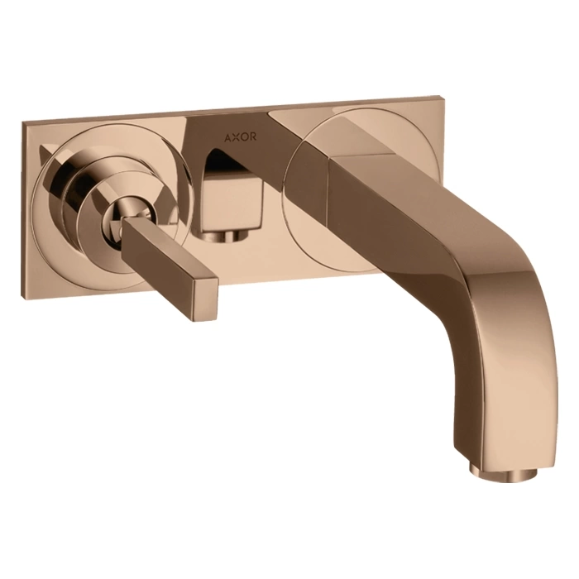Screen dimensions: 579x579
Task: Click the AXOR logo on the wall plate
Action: pyautogui.click(x=241, y=137)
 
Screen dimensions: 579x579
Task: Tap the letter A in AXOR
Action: pyautogui.click(x=228, y=137)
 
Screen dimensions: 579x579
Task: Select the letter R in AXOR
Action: pyautogui.click(x=253, y=137)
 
